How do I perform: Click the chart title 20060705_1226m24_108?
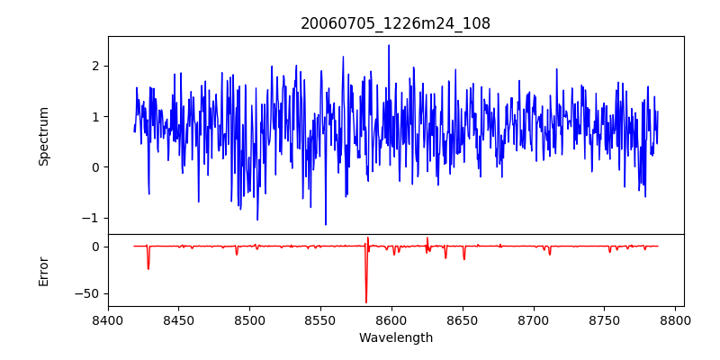395,23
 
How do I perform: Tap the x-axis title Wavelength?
395,338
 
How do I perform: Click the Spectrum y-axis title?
43,136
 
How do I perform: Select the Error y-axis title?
43,271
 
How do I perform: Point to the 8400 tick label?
108,320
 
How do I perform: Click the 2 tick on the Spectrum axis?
94,66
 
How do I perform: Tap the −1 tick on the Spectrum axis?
90,218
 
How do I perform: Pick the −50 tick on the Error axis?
87,293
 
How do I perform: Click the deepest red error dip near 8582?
366,301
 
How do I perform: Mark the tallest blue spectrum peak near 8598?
389,46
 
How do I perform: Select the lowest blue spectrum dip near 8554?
326,224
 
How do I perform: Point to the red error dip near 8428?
148,268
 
